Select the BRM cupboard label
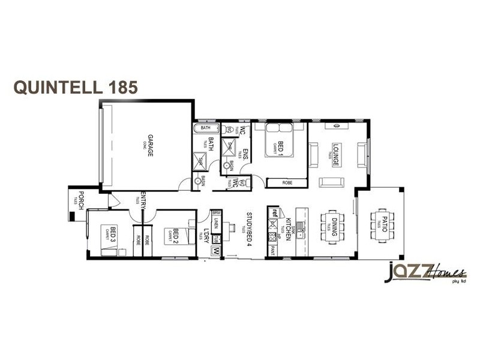click(216, 213)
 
